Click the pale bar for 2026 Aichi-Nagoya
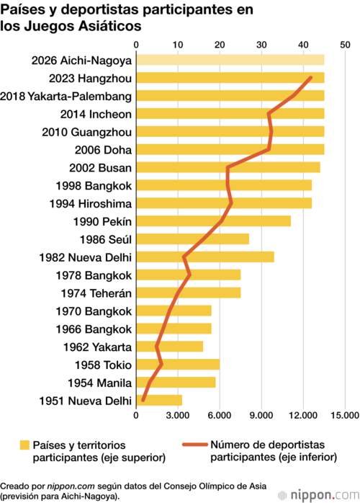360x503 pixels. pos(230,60)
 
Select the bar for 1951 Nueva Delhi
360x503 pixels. pos(159,401)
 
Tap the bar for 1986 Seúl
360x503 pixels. pos(193,239)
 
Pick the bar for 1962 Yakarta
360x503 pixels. pos(170,347)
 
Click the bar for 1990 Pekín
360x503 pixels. pos(214,221)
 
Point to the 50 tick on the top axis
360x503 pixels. pos(345,45)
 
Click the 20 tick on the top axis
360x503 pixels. pos(220,45)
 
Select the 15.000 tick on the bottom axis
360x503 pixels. pos(345,415)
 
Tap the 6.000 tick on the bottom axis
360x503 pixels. pos(220,415)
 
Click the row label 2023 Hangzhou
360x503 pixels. pos(90,79)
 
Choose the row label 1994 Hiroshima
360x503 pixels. pos(91,204)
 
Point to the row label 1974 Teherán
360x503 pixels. pos(96,293)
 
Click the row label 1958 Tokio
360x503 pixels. pos(103,365)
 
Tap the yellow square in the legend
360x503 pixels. pos(24,445)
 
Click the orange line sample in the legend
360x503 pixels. pos(195,445)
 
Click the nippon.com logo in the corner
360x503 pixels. pos(318,495)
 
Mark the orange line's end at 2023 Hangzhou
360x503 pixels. pos(310,78)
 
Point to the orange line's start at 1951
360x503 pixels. pos(143,401)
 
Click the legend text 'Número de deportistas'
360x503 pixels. pos(267,445)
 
